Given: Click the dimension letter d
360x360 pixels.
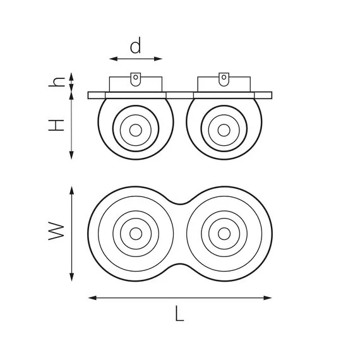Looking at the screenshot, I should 135,45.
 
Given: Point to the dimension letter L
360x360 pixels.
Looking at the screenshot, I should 179,314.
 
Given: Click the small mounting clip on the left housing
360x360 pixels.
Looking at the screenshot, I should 135,79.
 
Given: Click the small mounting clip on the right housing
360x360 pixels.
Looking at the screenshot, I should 223,79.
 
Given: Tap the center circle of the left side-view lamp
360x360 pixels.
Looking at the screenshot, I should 135,129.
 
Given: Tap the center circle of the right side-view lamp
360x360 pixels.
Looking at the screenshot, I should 223,129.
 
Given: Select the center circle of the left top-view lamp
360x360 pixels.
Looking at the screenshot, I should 135,234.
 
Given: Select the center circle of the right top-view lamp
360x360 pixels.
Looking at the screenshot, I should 223,234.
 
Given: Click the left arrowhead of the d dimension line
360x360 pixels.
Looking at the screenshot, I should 112,59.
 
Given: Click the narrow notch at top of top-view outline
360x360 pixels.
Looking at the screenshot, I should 179,203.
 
